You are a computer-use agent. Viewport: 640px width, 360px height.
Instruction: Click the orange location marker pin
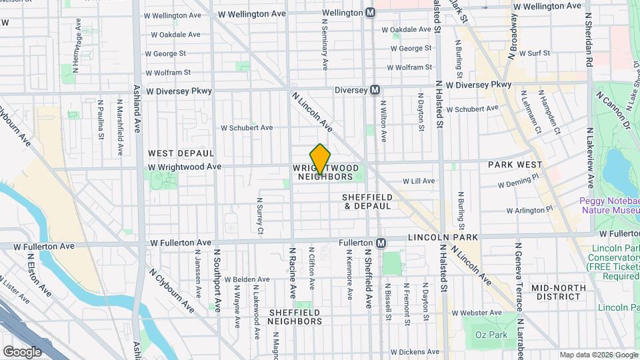[320, 159]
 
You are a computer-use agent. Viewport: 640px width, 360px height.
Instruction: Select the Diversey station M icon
[375, 89]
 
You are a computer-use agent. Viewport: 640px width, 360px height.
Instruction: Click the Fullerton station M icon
[381, 243]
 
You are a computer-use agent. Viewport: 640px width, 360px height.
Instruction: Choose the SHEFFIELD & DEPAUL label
[367, 201]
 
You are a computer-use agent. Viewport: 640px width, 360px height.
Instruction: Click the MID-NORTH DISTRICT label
[557, 292]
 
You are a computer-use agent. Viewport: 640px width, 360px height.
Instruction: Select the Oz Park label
[487, 335]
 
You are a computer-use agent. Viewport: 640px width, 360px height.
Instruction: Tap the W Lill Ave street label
[418, 181]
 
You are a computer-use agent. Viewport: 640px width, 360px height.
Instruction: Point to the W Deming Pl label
[517, 181]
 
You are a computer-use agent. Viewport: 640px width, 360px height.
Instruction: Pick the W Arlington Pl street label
[529, 209]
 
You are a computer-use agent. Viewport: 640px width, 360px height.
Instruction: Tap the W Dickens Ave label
[417, 351]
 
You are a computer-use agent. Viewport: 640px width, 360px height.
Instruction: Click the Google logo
[22, 351]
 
